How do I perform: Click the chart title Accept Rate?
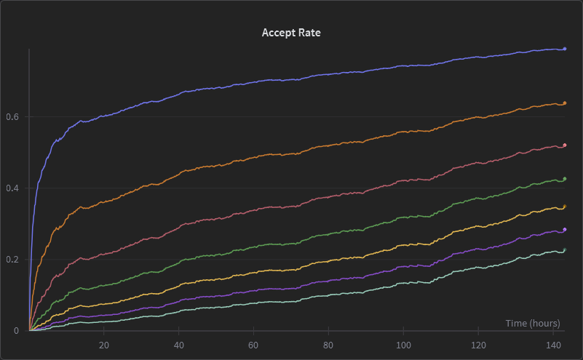pos(291,33)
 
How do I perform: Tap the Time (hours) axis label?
pos(533,323)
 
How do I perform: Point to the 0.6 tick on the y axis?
pos(12,116)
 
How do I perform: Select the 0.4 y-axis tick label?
pos(12,188)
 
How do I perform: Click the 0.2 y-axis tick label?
pos(12,260)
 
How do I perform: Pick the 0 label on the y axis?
pos(16,331)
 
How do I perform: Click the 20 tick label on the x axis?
pos(104,345)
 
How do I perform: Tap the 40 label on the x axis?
pos(179,345)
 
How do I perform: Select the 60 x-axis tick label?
pos(253,345)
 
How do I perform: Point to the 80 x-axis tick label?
pos(328,345)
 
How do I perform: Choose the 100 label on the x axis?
pos(403,345)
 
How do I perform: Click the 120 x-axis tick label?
pos(478,345)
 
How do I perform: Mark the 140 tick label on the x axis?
pos(553,345)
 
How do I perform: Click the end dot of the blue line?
pos(565,49)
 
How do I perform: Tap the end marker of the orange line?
pos(565,103)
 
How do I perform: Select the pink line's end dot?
pos(565,145)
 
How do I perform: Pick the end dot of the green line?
pos(565,179)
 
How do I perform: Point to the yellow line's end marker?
pos(565,207)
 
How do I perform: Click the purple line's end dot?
pos(565,230)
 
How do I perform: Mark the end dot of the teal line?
pos(565,249)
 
